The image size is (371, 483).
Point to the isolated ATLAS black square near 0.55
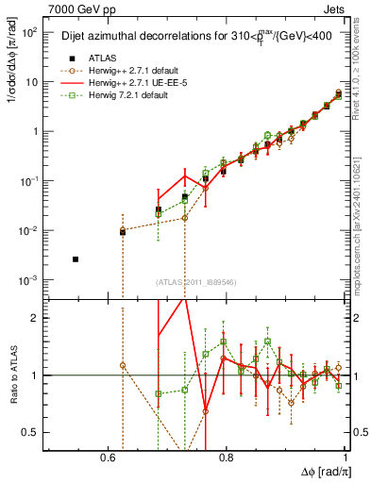coord(76,258)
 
